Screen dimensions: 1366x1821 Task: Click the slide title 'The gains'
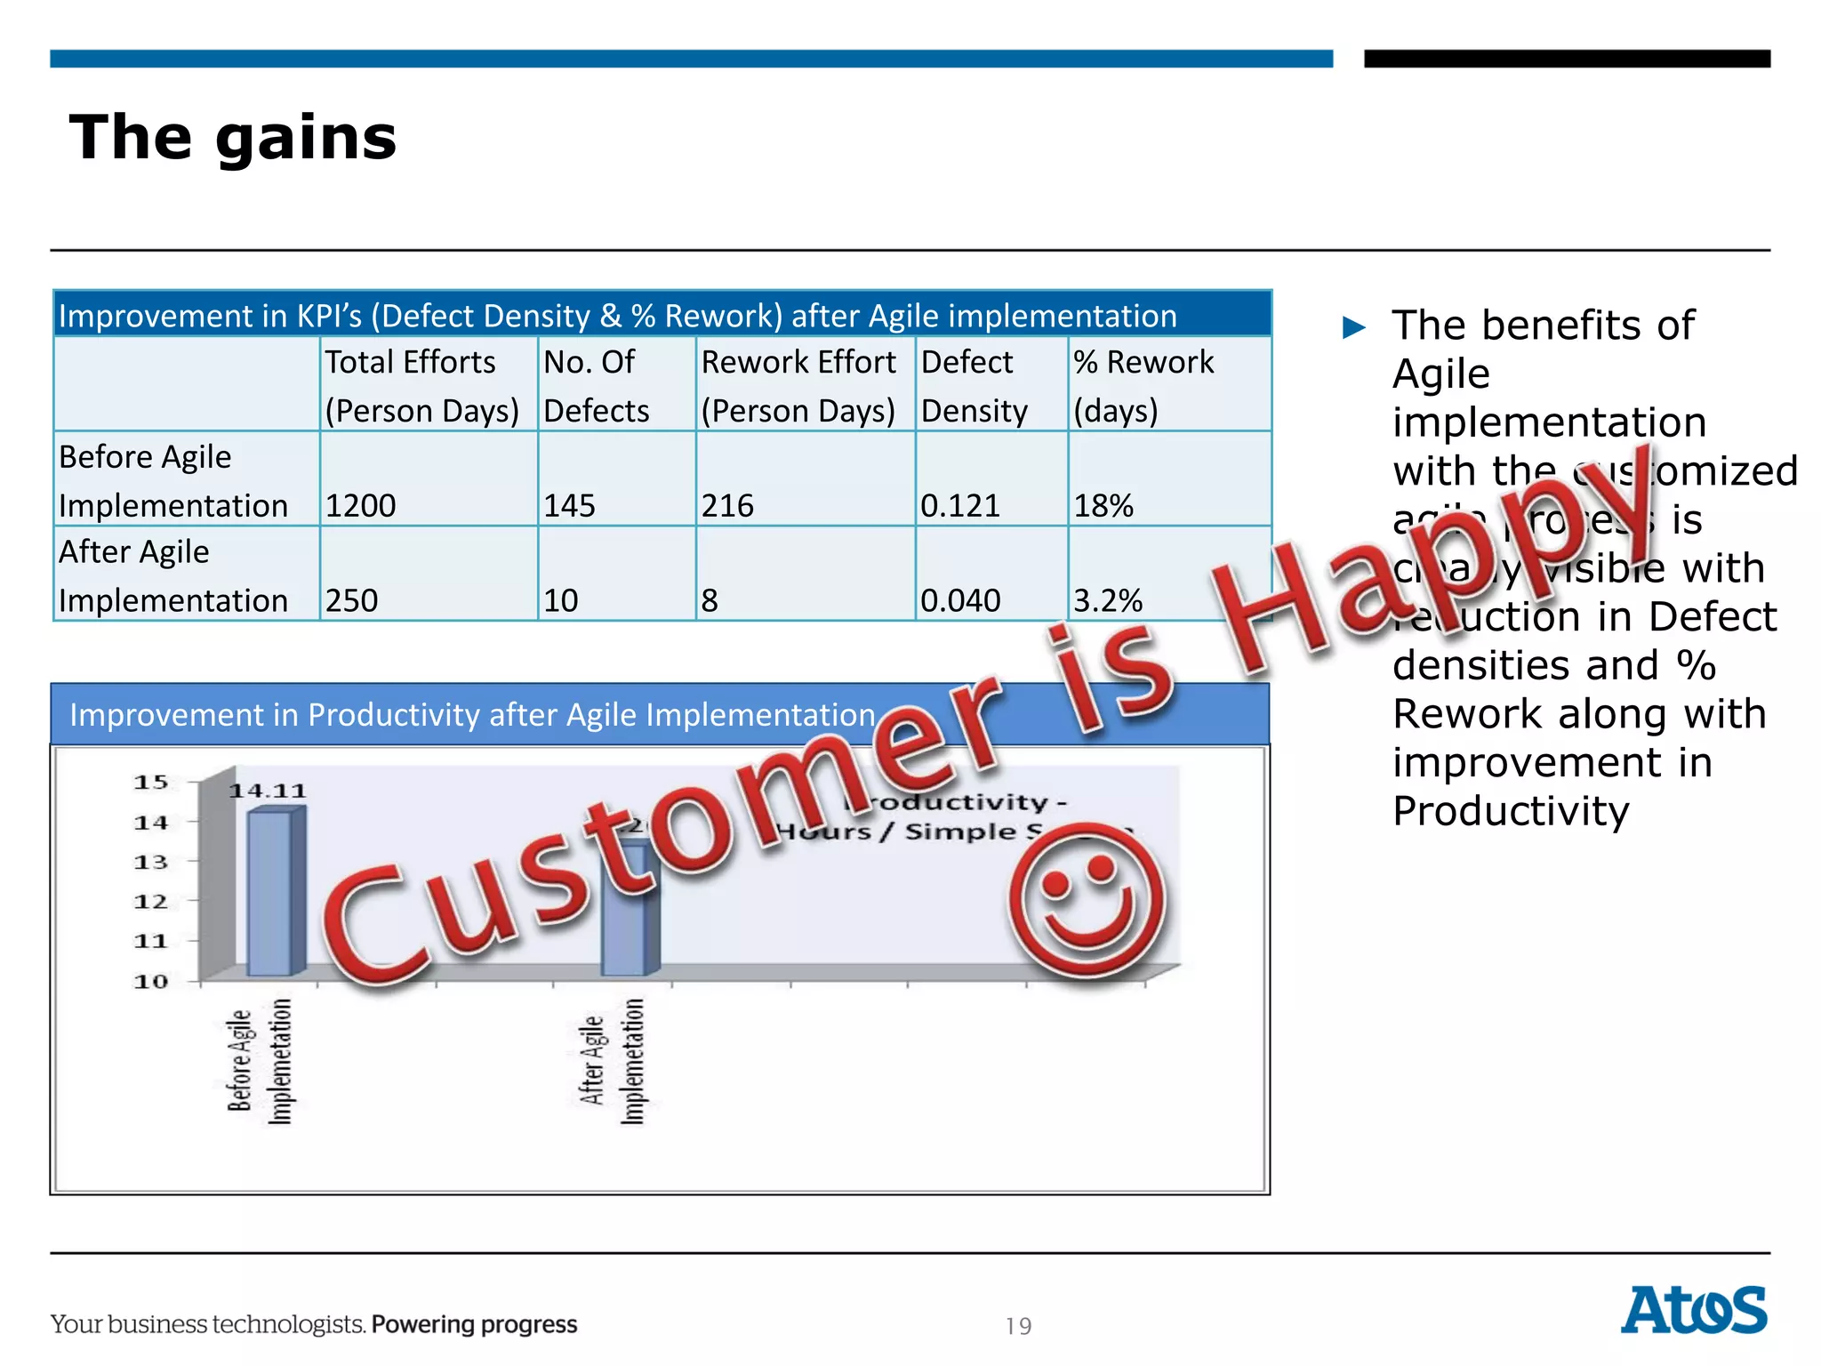(x=233, y=138)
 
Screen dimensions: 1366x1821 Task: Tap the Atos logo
(x=1693, y=1310)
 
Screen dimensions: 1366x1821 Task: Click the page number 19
(x=1018, y=1326)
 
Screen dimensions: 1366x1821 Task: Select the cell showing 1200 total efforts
(x=360, y=505)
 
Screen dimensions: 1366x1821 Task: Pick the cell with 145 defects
(x=569, y=505)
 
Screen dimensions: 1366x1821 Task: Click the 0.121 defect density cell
(x=960, y=505)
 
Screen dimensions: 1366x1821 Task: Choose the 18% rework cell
(x=1103, y=505)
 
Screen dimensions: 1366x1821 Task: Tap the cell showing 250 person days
(x=351, y=600)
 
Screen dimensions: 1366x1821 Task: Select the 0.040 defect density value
(x=960, y=600)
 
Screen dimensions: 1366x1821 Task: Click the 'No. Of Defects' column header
(x=596, y=386)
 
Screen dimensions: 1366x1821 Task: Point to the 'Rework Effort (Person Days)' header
(x=798, y=386)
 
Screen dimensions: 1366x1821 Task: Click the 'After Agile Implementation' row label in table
(x=173, y=575)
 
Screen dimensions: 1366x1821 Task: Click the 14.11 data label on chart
(x=268, y=791)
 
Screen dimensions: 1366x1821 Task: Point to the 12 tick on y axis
(x=151, y=902)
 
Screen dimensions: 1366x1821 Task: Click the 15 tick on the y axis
(x=151, y=783)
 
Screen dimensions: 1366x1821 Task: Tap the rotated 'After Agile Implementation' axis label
(x=612, y=1060)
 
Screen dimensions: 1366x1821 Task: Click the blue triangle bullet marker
(x=1353, y=327)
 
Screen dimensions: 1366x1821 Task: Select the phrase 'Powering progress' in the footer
(x=474, y=1324)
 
